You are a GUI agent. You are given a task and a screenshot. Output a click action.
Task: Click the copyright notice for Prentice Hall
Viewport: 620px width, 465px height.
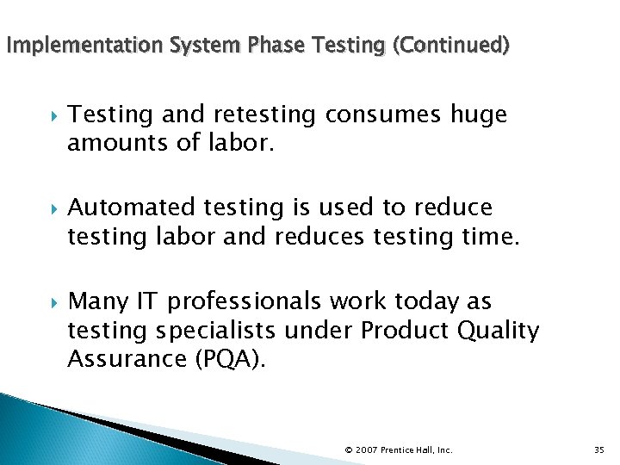pyautogui.click(x=398, y=449)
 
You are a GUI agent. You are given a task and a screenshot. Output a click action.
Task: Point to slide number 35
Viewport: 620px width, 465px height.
pyautogui.click(x=599, y=449)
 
